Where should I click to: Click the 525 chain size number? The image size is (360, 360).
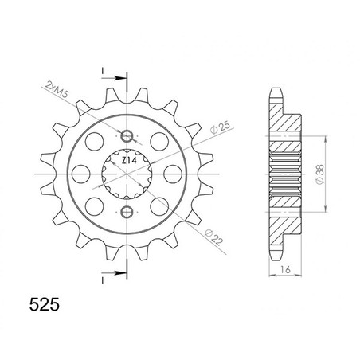[x=45, y=305]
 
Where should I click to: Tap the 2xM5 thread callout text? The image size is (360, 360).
[x=57, y=90]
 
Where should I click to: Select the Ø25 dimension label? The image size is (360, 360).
[x=219, y=128]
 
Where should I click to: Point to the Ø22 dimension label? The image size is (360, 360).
[x=214, y=237]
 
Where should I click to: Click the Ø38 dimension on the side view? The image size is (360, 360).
[x=319, y=174]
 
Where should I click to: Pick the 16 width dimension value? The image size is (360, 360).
[x=285, y=269]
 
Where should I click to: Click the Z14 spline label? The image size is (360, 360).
[x=129, y=161]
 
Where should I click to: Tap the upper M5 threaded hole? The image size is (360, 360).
[x=127, y=136]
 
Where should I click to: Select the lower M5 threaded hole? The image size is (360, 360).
[x=127, y=212]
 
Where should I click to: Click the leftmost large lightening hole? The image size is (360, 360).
[x=80, y=174]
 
